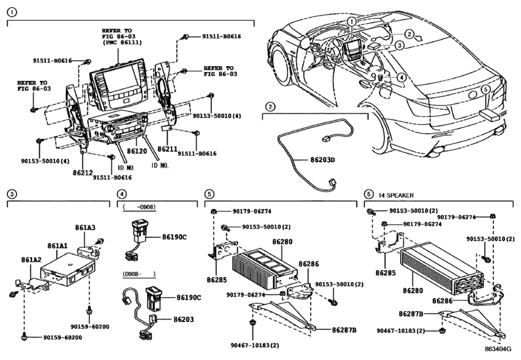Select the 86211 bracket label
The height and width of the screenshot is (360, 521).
coord(168,148)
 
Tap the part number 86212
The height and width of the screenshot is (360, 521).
coord(83,173)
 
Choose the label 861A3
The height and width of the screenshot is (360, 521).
coord(85,228)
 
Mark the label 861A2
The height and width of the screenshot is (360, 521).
coord(31,260)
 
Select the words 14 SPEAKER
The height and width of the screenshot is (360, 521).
coord(396,194)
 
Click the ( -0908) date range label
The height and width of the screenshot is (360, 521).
coord(139,207)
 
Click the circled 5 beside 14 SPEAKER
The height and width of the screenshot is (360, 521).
coord(368,194)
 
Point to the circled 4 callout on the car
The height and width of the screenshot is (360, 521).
coord(400,77)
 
